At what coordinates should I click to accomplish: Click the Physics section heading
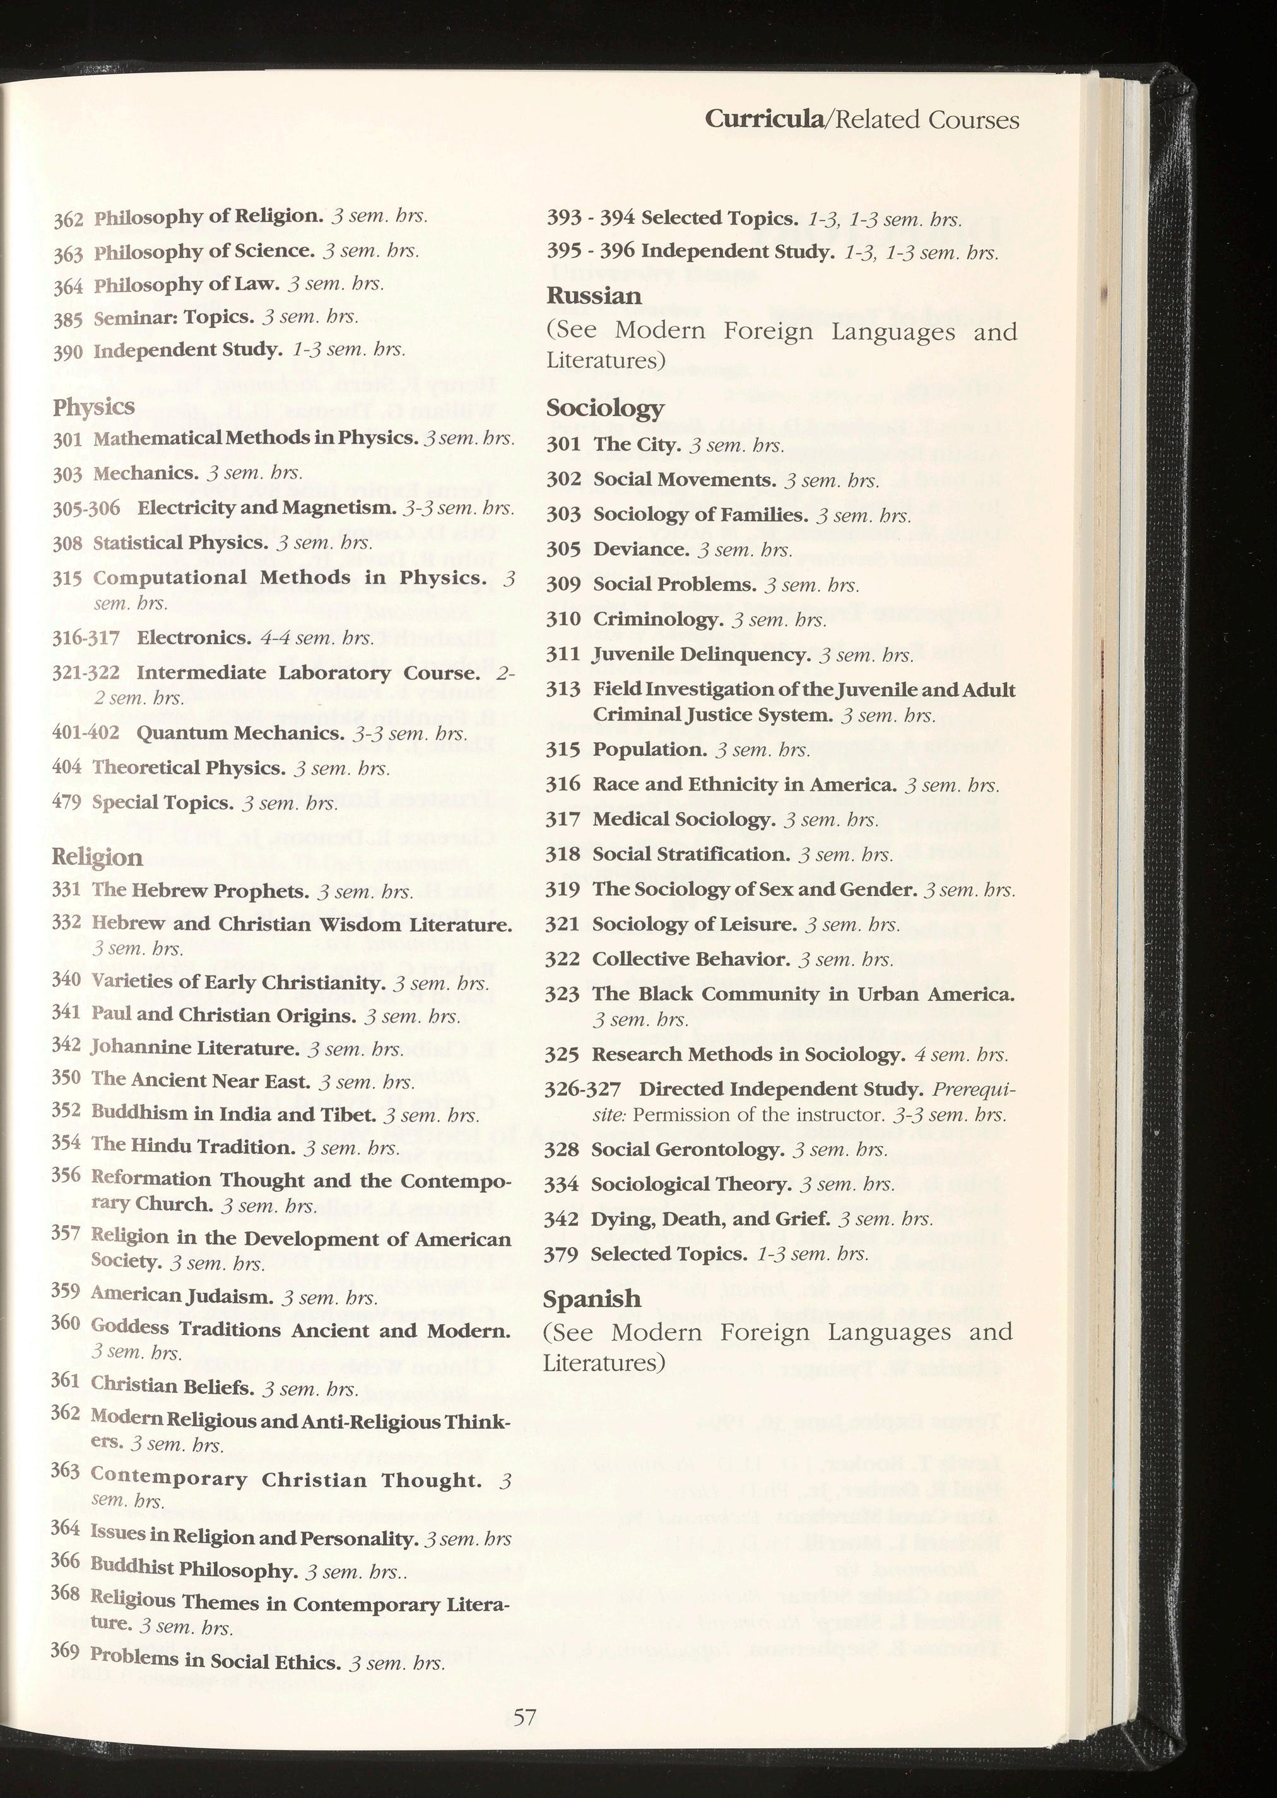click(x=93, y=408)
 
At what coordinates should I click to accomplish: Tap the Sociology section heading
click(x=604, y=408)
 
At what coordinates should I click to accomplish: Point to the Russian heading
click(x=594, y=297)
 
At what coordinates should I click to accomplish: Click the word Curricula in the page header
click(x=762, y=119)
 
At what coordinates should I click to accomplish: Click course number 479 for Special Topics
click(x=66, y=802)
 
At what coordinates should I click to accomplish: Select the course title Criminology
click(x=658, y=620)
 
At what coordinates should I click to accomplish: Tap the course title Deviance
click(x=638, y=549)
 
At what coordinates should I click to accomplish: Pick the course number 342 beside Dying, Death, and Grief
click(x=562, y=1219)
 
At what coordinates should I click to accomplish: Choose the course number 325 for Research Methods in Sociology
click(x=562, y=1054)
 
